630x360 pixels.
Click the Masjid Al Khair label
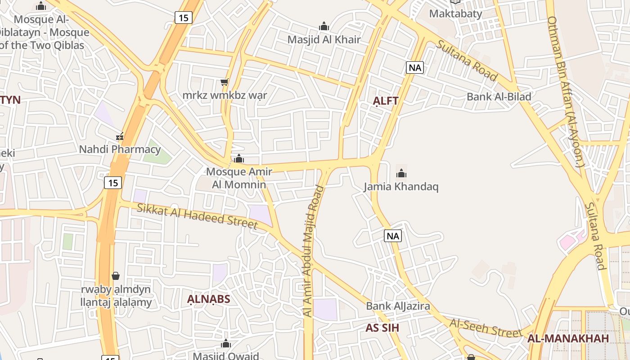(324, 40)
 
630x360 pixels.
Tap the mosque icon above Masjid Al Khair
(324, 26)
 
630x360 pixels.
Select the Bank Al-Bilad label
(499, 97)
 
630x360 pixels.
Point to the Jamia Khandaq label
(401, 187)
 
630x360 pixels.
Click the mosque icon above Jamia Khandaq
(401, 173)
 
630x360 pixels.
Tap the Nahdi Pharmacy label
(120, 149)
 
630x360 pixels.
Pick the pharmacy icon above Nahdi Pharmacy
(120, 136)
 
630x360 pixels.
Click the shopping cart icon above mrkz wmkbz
(224, 82)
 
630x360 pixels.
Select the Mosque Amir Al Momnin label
(239, 178)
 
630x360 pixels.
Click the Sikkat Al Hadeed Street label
(197, 216)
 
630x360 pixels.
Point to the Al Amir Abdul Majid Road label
(313, 250)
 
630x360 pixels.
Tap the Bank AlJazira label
(398, 306)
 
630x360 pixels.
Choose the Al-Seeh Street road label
(486, 328)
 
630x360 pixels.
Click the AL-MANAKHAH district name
(568, 338)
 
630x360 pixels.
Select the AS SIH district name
(382, 328)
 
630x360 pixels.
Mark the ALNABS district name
(208, 299)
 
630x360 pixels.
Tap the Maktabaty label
(455, 13)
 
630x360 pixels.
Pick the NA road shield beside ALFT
(414, 68)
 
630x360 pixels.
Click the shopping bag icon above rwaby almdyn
(116, 276)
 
